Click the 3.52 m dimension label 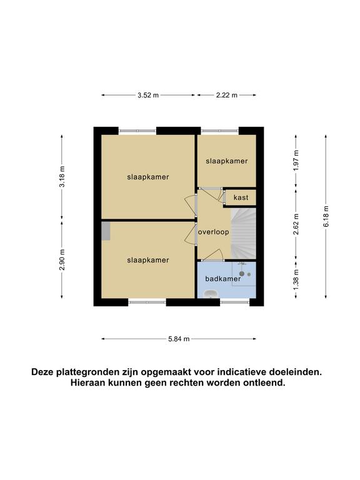pyautogui.click(x=148, y=95)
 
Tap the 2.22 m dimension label pyautogui.click(x=227, y=95)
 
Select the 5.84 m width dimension pyautogui.click(x=179, y=339)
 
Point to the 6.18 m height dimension pyautogui.click(x=326, y=216)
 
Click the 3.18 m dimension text pyautogui.click(x=62, y=177)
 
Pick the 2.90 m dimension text pyautogui.click(x=62, y=260)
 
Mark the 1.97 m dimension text pyautogui.click(x=296, y=161)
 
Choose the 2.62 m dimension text pyautogui.click(x=296, y=224)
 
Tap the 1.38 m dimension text pyautogui.click(x=296, y=280)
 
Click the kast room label pyautogui.click(x=241, y=197)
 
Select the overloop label pyautogui.click(x=213, y=232)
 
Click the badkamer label pyautogui.click(x=223, y=279)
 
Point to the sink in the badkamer pyautogui.click(x=211, y=294)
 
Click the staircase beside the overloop pyautogui.click(x=243, y=233)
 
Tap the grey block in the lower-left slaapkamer pyautogui.click(x=106, y=231)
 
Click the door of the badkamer pyautogui.click(x=212, y=255)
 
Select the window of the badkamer pyautogui.click(x=235, y=302)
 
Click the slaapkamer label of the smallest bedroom pyautogui.click(x=226, y=161)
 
